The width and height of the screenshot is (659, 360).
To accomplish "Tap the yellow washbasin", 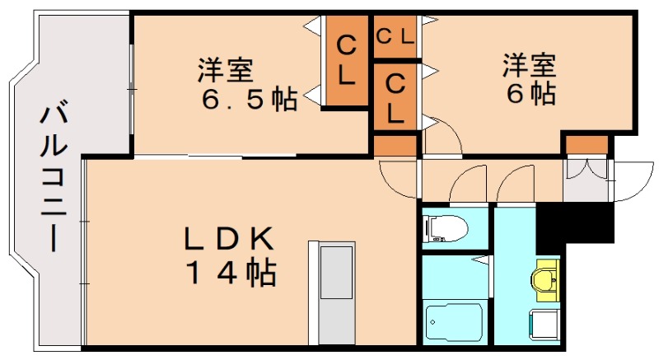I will tap(545, 277).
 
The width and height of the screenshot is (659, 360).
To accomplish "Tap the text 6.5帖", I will tap(239, 98).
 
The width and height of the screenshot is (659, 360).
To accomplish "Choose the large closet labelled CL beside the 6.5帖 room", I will tap(347, 62).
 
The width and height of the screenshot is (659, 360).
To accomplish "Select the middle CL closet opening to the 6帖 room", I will tap(395, 97).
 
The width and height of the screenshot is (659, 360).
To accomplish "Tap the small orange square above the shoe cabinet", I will tap(587, 145).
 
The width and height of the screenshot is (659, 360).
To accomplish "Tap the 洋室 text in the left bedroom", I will tap(224, 69).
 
